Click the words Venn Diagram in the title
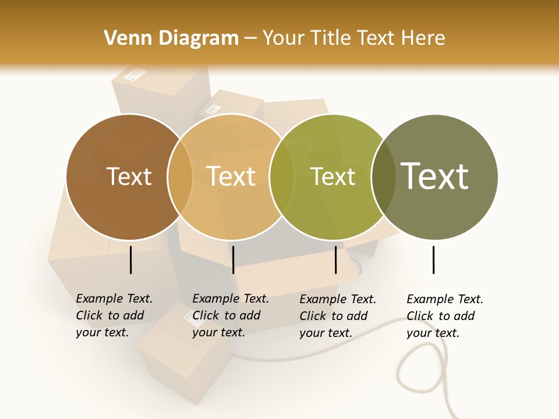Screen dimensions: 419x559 click(171, 38)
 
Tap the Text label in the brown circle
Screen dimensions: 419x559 click(129, 176)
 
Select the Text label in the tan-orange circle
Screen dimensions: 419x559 click(231, 176)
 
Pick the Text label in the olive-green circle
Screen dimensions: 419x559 click(332, 176)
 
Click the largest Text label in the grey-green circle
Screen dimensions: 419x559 click(434, 176)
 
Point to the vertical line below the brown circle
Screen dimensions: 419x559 click(131, 260)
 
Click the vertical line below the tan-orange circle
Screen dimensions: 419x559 click(233, 260)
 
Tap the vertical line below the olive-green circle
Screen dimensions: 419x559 click(335, 260)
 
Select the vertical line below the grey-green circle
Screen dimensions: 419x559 click(433, 260)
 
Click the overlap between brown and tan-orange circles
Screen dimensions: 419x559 click(180, 177)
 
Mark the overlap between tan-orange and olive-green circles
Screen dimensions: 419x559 click(282, 177)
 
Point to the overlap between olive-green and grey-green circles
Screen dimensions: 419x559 click(384, 177)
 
